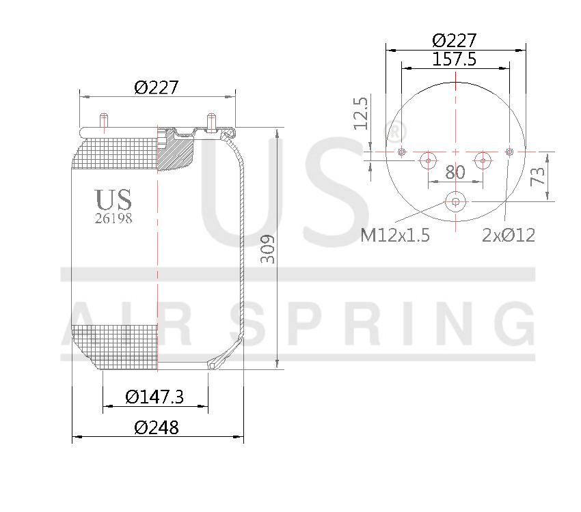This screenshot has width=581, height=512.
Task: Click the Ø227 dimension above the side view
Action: pos(157,87)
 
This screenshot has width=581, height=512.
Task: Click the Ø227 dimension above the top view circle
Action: pos(455,40)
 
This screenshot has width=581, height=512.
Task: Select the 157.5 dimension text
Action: pos(455,59)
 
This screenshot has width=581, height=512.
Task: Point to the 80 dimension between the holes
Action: pos(455,172)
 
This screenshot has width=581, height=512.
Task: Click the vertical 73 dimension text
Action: pos(538,176)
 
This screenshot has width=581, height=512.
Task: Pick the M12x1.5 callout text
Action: pos(394,236)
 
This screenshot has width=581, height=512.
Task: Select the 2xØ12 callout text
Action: pos(509,236)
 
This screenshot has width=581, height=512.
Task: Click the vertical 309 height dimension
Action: pos(268,249)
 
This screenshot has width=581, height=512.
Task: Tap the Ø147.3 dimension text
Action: pos(155,397)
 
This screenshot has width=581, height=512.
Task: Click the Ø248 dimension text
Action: pos(157,428)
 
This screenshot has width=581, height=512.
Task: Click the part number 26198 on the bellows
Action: pos(113,219)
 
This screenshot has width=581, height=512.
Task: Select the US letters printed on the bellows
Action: pos(113,200)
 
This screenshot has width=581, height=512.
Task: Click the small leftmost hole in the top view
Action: pos(402,152)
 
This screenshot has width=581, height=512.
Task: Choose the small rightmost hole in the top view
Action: pos(509,151)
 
